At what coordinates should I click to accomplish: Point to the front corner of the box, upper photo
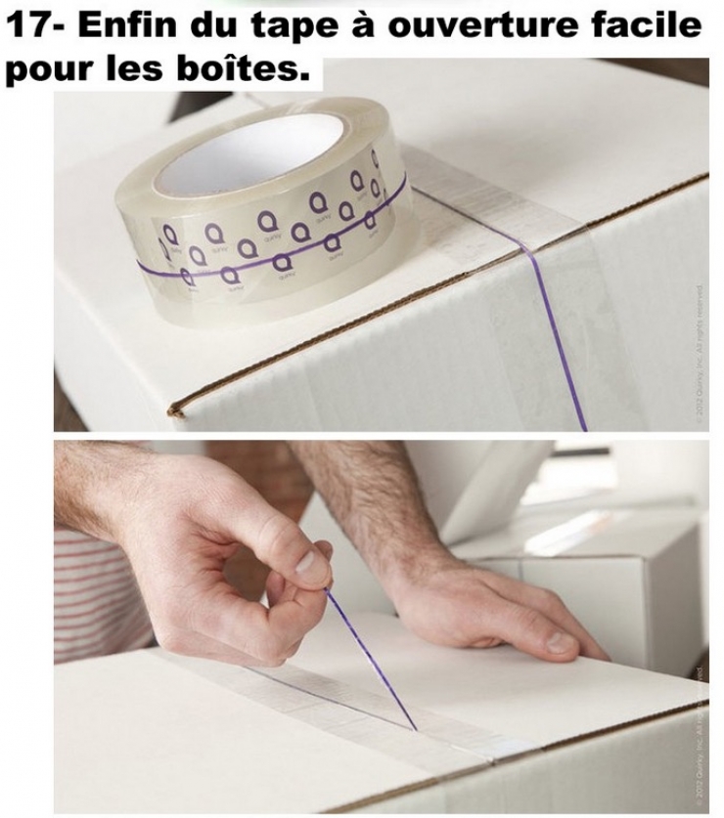[x=176, y=409]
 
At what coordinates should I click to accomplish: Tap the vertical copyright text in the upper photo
[x=698, y=352]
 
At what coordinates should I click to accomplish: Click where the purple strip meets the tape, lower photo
[x=416, y=728]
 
